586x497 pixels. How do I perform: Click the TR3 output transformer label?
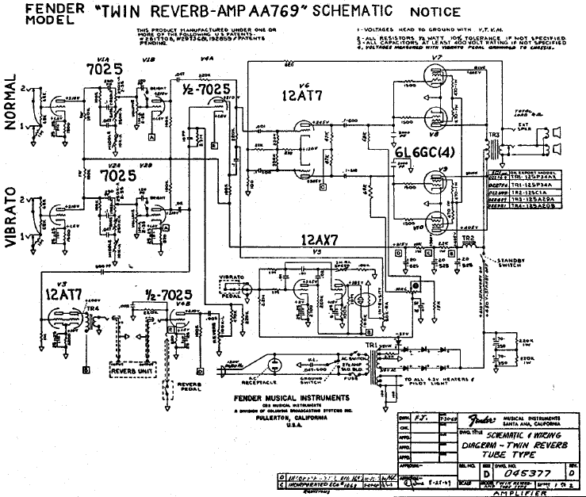[496, 137]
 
